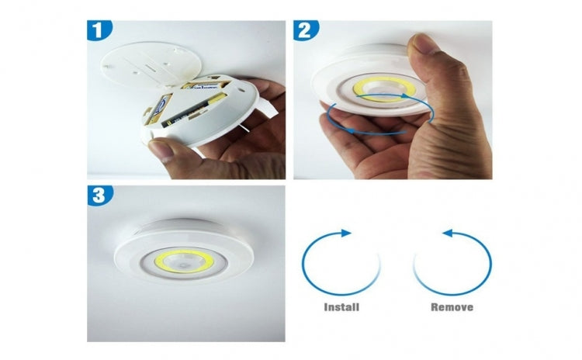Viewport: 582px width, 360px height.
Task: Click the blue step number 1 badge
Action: (x=99, y=29)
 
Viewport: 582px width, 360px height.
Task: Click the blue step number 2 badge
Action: (x=305, y=30)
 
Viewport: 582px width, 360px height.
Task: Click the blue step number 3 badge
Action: (x=99, y=195)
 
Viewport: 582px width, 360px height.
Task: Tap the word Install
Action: (x=341, y=307)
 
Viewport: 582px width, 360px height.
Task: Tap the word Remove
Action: (x=452, y=307)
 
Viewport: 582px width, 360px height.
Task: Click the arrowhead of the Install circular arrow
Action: (x=346, y=233)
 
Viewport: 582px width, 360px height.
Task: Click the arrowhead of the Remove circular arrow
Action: (x=447, y=233)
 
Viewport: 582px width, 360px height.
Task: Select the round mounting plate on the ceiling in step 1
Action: (x=151, y=64)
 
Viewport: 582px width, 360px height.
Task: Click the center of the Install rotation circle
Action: (x=341, y=264)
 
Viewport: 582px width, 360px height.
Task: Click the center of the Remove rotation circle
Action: (x=452, y=264)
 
